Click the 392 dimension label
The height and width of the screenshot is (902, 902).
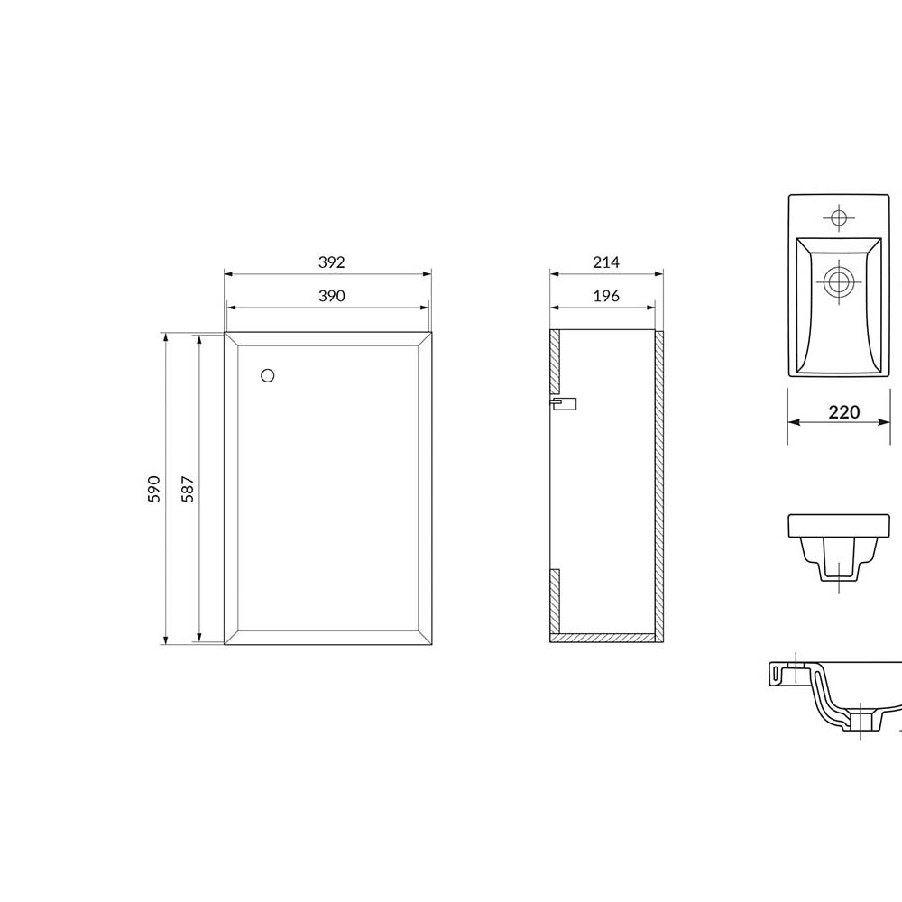[x=331, y=262]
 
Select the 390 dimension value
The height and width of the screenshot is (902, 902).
[x=331, y=296]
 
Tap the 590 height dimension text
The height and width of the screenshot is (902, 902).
[x=154, y=489]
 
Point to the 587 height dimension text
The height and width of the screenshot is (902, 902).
[x=188, y=489]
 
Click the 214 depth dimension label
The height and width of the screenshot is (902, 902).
[x=606, y=262]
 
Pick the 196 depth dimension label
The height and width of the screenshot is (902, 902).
[x=606, y=296]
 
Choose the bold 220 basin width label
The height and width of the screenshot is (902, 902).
[x=844, y=412]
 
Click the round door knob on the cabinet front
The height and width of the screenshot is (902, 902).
[x=268, y=375]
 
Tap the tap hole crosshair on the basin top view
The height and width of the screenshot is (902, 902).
[x=839, y=218]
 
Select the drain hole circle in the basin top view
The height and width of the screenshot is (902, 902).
[x=839, y=281]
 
